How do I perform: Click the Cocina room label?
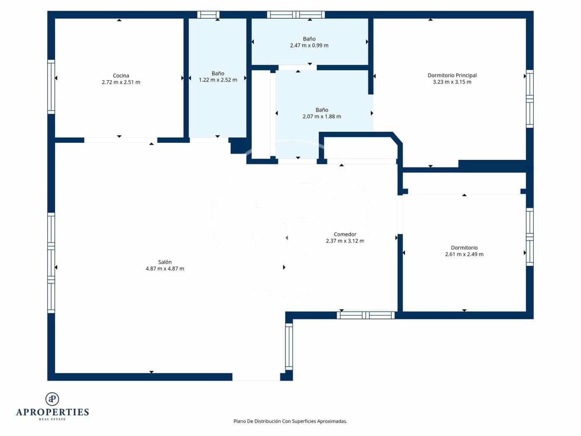click(x=121, y=76)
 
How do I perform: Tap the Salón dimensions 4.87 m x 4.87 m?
click(x=165, y=269)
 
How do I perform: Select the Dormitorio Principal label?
click(x=452, y=75)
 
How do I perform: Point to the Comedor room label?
click(x=345, y=234)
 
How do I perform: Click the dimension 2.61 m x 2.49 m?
click(x=464, y=254)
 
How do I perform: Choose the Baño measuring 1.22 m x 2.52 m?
click(x=218, y=76)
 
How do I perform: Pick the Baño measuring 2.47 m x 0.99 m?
click(x=309, y=42)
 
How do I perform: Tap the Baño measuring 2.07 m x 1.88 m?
click(x=322, y=113)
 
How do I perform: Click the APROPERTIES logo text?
click(x=52, y=412)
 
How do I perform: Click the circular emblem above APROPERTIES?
click(x=52, y=399)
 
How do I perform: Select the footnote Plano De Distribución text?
click(x=290, y=421)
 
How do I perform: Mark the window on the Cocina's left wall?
click(x=51, y=86)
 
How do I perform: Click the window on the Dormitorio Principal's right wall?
click(x=530, y=99)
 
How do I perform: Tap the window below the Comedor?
click(x=366, y=315)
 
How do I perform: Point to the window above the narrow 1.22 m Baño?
click(x=208, y=15)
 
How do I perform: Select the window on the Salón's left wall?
click(x=51, y=262)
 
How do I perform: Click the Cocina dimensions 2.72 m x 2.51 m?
click(x=121, y=82)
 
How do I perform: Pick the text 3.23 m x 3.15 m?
click(x=452, y=82)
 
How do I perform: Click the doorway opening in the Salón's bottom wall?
click(x=256, y=377)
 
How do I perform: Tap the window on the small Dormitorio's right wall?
click(x=530, y=237)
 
